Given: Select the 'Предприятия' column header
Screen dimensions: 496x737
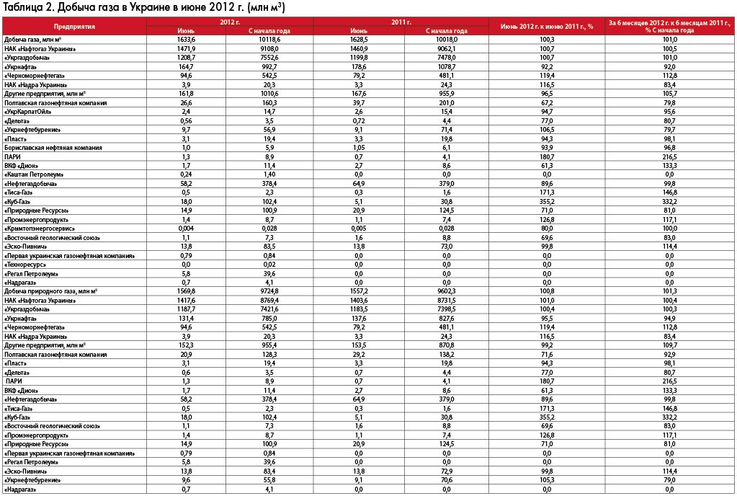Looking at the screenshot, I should tap(74, 26).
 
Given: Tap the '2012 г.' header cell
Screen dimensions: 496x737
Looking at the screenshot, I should tap(230, 22).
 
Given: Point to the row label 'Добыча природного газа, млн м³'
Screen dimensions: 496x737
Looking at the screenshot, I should tap(50, 291).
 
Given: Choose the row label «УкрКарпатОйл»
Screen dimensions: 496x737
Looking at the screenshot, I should tap(27, 112).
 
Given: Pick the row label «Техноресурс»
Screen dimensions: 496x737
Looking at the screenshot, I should tap(24, 265).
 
